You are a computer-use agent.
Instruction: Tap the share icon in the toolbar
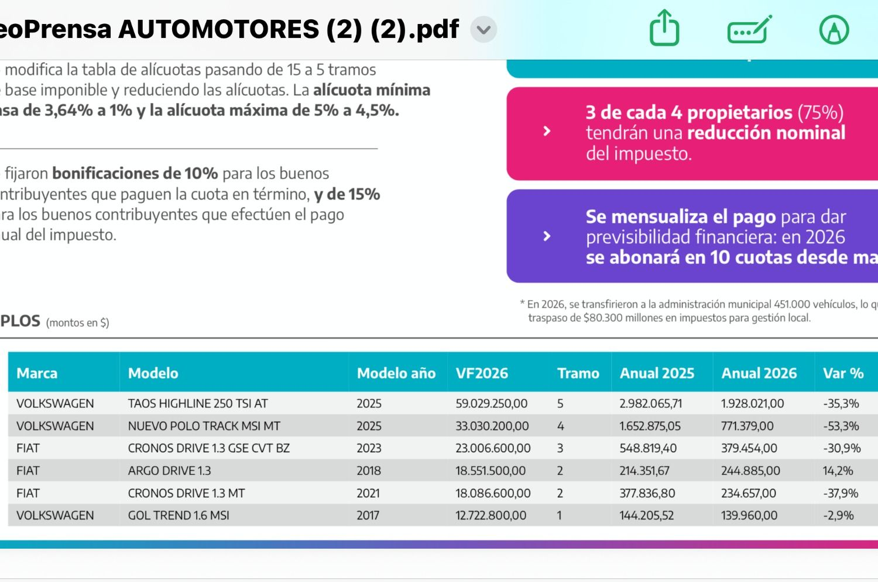pos(664,28)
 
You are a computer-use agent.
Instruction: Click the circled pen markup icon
pos(834,29)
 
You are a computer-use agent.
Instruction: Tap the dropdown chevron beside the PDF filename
pos(483,29)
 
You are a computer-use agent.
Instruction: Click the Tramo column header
pos(578,373)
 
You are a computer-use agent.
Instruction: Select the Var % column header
pos(843,373)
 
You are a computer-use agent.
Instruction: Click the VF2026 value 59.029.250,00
pos(491,404)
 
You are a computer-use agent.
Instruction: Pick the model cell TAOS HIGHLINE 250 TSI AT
pos(198,404)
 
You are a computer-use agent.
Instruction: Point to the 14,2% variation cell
pos(838,471)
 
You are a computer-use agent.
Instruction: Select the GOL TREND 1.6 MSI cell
pos(179,516)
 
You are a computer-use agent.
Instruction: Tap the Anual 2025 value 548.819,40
pos(648,449)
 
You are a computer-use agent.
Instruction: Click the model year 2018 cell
pos(369,471)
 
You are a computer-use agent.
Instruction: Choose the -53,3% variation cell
pos(841,426)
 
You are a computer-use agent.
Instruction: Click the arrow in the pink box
pos(547,131)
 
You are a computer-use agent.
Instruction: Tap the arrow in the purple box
pos(547,236)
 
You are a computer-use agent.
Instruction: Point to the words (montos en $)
pos(77,323)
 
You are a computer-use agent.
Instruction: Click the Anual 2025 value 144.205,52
pos(647,516)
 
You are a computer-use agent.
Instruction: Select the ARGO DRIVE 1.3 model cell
pos(169,471)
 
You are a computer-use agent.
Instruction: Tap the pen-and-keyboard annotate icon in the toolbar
pos(749,29)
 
